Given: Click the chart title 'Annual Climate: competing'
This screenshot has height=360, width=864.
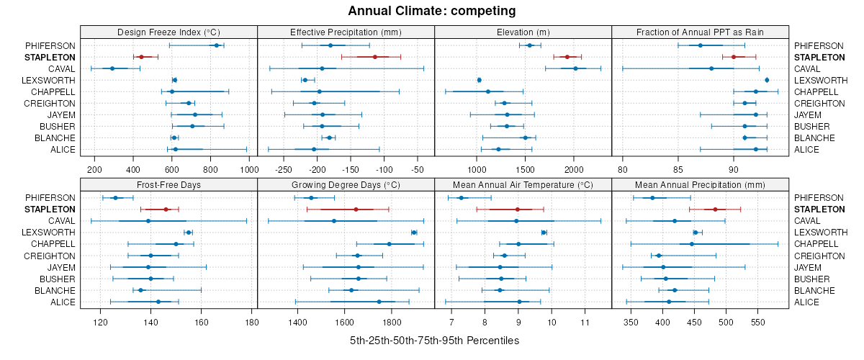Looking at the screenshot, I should [x=431, y=11].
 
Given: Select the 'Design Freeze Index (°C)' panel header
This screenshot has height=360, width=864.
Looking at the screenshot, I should [x=168, y=32].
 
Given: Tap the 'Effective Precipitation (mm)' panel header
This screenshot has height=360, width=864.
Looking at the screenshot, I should [x=346, y=32].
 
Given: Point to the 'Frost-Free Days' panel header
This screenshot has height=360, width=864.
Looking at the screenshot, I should [x=168, y=185].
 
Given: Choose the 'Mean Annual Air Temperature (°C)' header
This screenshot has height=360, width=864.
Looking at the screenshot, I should [x=523, y=185].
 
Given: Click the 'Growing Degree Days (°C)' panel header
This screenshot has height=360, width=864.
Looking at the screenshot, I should [x=346, y=185].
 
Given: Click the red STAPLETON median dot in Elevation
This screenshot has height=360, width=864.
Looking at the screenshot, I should [x=567, y=57].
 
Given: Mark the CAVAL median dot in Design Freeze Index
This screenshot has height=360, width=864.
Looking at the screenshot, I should [x=112, y=68].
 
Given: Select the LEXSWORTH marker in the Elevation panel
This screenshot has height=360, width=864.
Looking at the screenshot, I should [x=479, y=80].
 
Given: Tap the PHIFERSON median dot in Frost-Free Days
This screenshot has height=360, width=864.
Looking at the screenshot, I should [x=115, y=198].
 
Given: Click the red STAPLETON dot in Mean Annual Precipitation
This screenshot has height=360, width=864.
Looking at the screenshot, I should [x=715, y=210].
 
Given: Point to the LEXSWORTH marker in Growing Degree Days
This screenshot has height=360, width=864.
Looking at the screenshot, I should [x=414, y=233].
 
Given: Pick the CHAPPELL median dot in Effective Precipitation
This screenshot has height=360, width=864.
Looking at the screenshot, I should [x=319, y=91].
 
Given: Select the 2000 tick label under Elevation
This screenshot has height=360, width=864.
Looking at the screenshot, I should [x=573, y=169].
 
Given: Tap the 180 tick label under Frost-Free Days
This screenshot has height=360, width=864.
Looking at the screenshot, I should [x=251, y=322].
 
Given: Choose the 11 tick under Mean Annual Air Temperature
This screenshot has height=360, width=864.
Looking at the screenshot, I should [x=584, y=322].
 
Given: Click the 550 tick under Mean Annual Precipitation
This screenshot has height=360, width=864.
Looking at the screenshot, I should [x=757, y=322].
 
